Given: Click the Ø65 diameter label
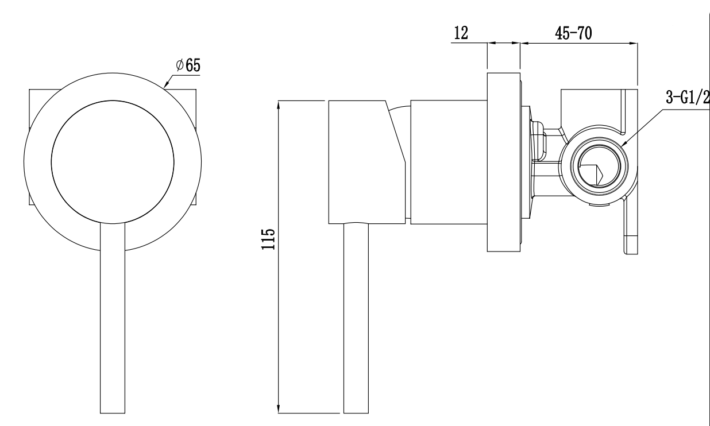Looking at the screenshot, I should (188, 65).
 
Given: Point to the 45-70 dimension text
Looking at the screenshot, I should (574, 33).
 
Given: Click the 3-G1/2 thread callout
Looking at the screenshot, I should (687, 98).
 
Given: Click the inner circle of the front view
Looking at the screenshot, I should (112, 161).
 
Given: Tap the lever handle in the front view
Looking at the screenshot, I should (112, 322).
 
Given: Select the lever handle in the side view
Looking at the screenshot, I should (356, 319).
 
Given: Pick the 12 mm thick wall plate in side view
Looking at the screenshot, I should (503, 162).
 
